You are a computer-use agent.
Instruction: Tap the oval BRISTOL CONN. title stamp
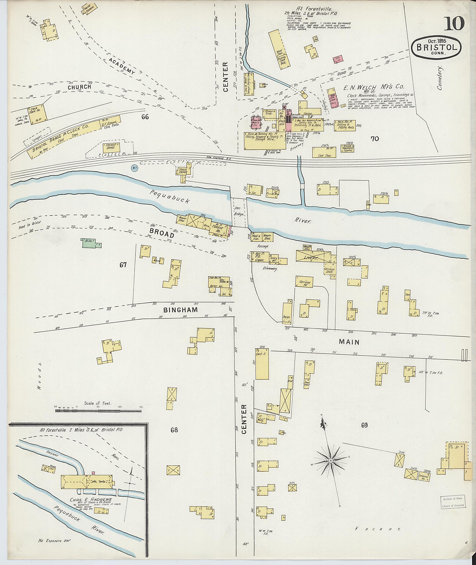(x=436, y=47)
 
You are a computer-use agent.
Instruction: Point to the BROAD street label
(x=162, y=233)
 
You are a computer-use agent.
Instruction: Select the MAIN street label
(x=349, y=342)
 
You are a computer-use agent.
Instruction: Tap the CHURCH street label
(x=79, y=87)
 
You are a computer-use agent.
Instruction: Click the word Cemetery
(x=441, y=78)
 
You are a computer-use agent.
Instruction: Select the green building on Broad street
(x=89, y=243)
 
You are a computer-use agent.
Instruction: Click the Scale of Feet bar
(x=98, y=411)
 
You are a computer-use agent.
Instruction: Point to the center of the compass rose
(x=330, y=460)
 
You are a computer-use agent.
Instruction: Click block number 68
(x=174, y=430)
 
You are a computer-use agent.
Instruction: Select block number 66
(x=145, y=117)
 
